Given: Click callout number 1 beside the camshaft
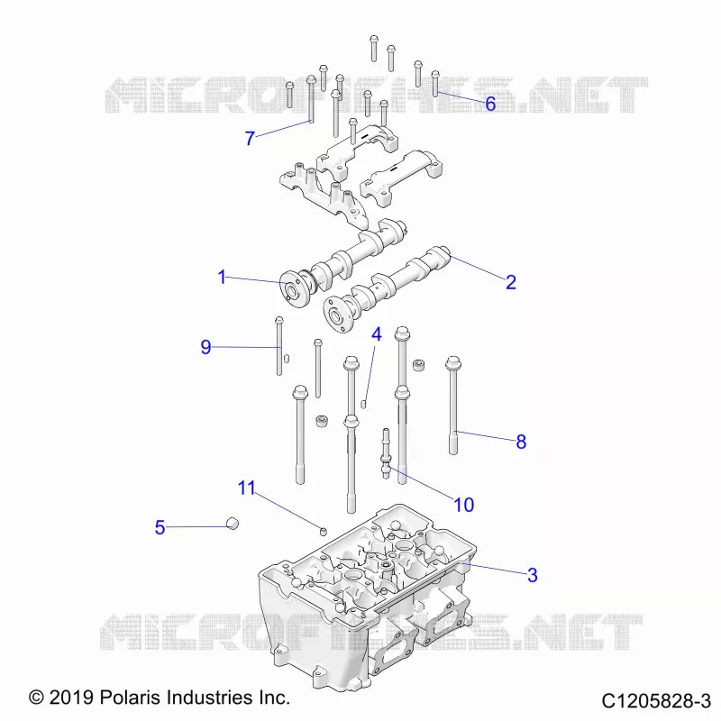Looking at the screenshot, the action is [222, 277].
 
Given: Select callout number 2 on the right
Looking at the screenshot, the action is [511, 282].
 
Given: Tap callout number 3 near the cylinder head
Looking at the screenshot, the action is [532, 575].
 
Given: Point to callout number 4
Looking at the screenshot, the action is [377, 334].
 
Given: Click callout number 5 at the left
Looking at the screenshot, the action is [160, 527].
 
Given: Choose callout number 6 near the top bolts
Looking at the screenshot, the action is [490, 104].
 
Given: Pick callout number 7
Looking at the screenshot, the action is [250, 138].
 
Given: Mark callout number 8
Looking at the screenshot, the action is [521, 442].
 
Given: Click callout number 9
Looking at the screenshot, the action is [205, 347].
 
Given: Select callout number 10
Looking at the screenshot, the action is [463, 505].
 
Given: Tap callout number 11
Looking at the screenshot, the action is [246, 488].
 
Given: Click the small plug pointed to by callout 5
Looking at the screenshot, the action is [233, 523].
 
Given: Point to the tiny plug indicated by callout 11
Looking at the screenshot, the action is [324, 532].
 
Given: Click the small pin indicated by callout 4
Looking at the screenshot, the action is [363, 404].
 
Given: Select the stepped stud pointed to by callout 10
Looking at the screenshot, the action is [386, 453].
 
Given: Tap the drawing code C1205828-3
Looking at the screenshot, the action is [656, 701].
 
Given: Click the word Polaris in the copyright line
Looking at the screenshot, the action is [127, 697].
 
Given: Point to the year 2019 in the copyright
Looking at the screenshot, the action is [72, 697].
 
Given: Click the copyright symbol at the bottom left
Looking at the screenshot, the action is [36, 697].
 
